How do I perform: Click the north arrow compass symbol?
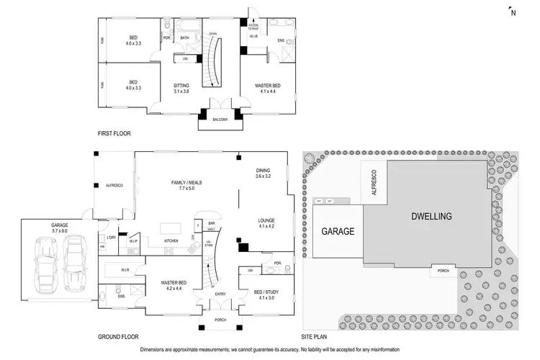[x=512, y=10]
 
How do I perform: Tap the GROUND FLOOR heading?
[x=118, y=336]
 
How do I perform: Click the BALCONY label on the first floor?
[x=219, y=119]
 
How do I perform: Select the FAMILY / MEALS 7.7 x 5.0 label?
[x=185, y=185]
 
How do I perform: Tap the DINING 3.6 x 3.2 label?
[x=264, y=174]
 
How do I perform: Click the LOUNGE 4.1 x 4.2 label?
[x=267, y=223]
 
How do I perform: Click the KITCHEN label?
[x=171, y=240]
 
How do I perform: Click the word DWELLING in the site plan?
[x=431, y=216]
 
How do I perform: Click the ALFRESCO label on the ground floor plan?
[x=115, y=186]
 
